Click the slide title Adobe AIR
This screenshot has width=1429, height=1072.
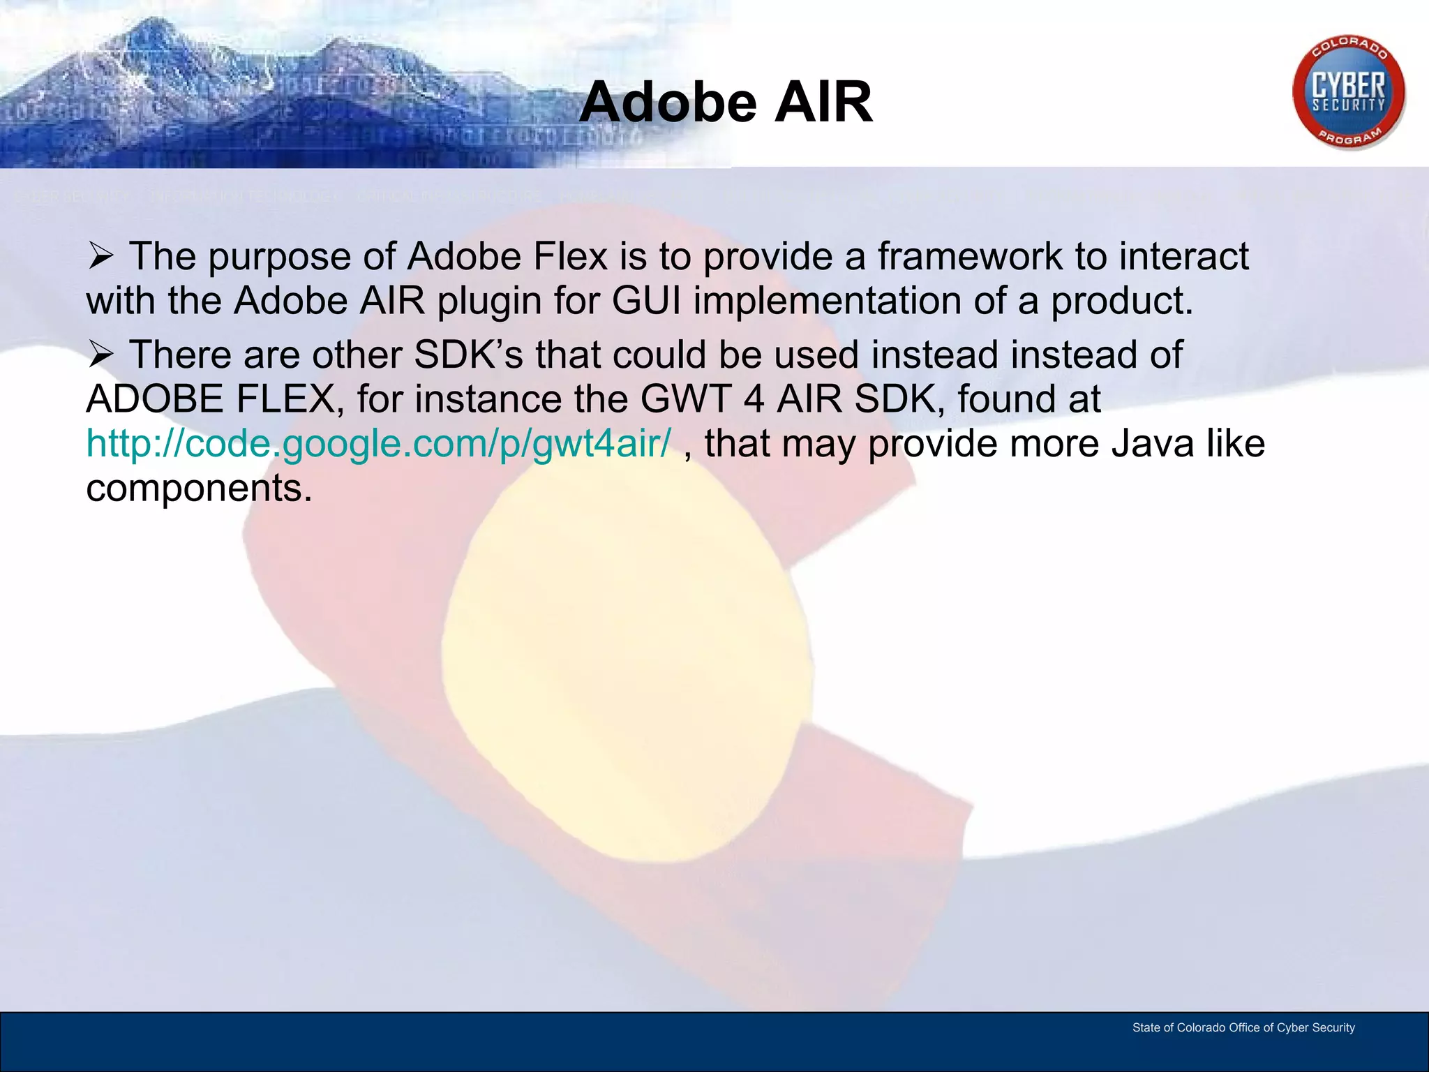click(x=726, y=103)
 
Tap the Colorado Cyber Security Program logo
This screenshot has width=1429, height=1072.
click(x=1348, y=93)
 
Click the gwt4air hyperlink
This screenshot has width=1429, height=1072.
click(x=378, y=443)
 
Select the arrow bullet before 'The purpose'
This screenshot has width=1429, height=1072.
click(x=101, y=256)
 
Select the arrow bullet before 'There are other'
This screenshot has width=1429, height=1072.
click(x=101, y=355)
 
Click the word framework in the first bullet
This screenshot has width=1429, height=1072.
click(x=969, y=256)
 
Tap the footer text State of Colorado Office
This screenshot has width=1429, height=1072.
click(x=1243, y=1027)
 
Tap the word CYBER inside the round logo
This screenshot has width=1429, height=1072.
click(x=1348, y=86)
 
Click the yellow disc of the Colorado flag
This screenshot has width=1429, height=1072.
click(x=628, y=663)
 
